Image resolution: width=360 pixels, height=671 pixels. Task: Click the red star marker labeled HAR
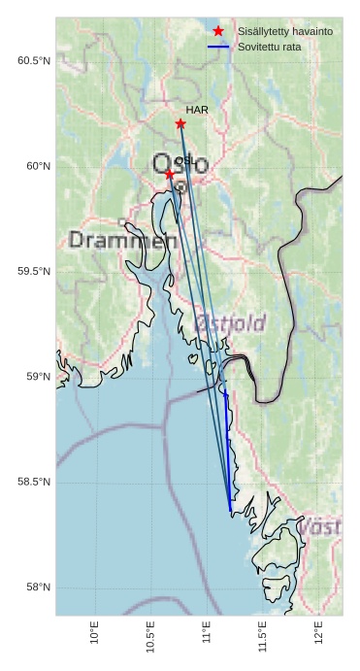(180, 124)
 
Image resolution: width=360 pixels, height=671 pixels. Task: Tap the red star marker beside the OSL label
(169, 174)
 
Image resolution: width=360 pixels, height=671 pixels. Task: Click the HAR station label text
(197, 111)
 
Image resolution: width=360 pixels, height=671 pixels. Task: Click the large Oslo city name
(180, 164)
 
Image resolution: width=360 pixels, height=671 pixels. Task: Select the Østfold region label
(231, 322)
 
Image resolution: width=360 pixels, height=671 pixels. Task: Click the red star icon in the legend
(218, 31)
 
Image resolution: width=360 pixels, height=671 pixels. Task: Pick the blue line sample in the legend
(218, 47)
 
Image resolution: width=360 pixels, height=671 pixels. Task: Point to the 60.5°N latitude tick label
(34, 61)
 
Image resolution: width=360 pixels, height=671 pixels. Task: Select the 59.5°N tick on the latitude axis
(34, 272)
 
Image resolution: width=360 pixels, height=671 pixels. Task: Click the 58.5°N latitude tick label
(34, 483)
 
